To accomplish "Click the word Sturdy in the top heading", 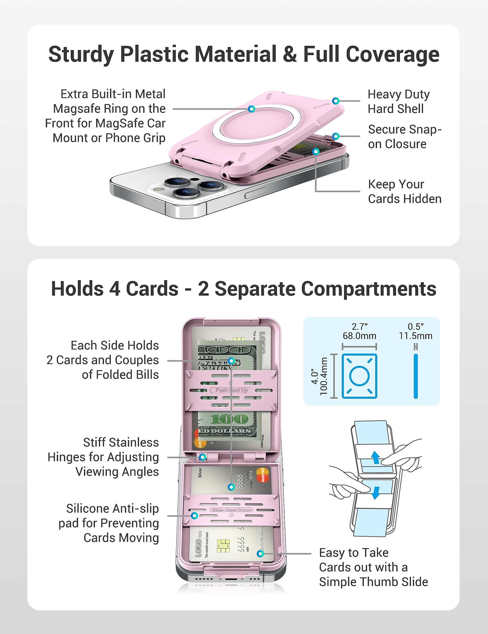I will click(81, 54).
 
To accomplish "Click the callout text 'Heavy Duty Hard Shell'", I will click(398, 102).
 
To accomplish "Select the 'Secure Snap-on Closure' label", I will click(404, 136).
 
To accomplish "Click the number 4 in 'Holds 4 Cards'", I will click(115, 289).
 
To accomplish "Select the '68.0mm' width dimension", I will click(359, 336).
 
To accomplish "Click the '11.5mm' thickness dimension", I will click(415, 336).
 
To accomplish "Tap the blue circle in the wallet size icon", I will click(359, 376).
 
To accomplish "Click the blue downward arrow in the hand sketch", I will click(376, 492).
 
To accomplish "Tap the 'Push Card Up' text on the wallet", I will click(231, 390).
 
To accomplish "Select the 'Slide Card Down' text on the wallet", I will click(231, 510).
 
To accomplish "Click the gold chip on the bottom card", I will click(223, 546).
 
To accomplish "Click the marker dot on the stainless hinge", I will click(202, 457).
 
